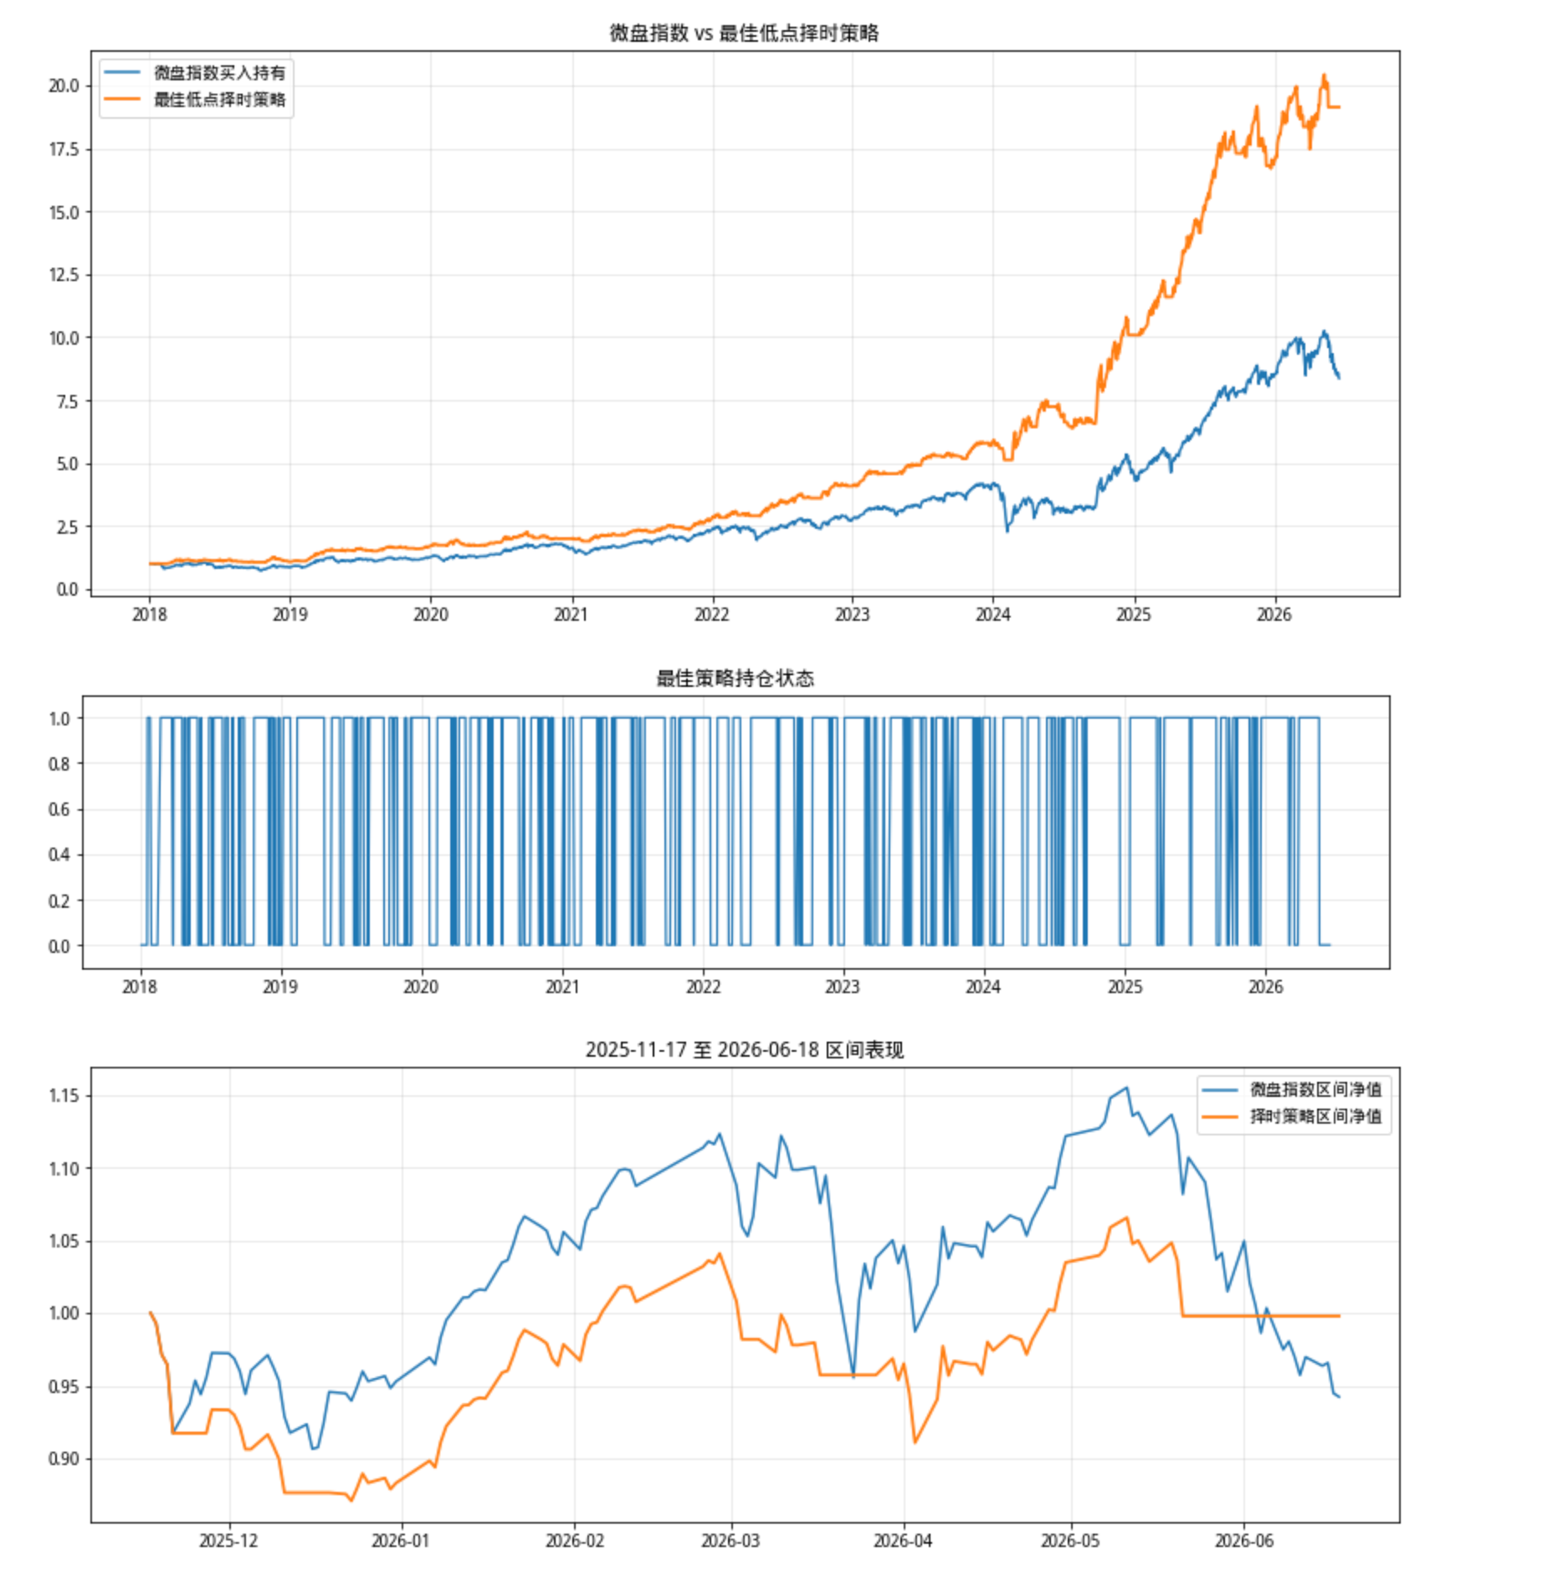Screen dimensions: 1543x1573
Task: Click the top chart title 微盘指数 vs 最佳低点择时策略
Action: (x=744, y=33)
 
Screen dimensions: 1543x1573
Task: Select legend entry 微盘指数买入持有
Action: (x=219, y=73)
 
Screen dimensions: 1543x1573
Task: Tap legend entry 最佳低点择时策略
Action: (x=219, y=100)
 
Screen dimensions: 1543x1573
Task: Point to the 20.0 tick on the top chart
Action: (x=64, y=86)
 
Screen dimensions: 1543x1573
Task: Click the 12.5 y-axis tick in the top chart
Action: (x=64, y=275)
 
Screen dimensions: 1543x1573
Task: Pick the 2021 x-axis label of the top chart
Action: (x=572, y=615)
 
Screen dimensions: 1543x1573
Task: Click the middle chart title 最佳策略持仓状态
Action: (x=735, y=678)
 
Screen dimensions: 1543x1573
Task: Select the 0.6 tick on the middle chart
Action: (x=59, y=809)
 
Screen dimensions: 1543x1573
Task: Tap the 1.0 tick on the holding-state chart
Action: (x=59, y=719)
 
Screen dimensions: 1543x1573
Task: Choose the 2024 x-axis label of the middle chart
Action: (x=983, y=987)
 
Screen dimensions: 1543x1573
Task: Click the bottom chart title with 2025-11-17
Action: (x=744, y=1050)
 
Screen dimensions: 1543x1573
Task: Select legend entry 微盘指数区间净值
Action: (x=1315, y=1089)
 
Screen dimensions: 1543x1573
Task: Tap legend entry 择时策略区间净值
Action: (x=1315, y=1116)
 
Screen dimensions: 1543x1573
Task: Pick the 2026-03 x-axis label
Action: (x=730, y=1541)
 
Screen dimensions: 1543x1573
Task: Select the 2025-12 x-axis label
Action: (x=228, y=1541)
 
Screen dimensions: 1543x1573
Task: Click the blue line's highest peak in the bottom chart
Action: (x=1127, y=1088)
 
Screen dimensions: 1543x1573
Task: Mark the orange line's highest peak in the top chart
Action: (x=1324, y=75)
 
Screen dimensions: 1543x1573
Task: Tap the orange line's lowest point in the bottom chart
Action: (x=351, y=1500)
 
